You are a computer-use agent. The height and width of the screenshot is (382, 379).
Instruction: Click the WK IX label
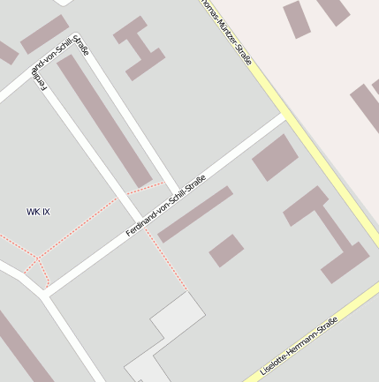[x=38, y=212]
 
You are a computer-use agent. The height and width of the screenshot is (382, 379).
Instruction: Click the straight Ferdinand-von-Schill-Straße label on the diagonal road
[x=165, y=206]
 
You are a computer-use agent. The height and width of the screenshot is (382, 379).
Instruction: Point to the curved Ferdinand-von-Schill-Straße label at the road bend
[x=59, y=63]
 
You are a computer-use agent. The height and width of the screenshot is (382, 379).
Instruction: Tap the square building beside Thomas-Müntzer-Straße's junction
[x=275, y=158]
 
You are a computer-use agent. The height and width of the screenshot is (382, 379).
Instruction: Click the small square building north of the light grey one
[x=226, y=251]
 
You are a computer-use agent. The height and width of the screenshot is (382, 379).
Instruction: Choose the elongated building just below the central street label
[x=195, y=214]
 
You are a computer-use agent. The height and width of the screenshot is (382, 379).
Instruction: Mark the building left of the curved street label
[x=43, y=34]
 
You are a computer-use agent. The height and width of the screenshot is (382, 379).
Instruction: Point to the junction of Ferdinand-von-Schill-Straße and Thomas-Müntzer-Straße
[x=284, y=115]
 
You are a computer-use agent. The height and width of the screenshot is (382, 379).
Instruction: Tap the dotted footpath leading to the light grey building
[x=168, y=260]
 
